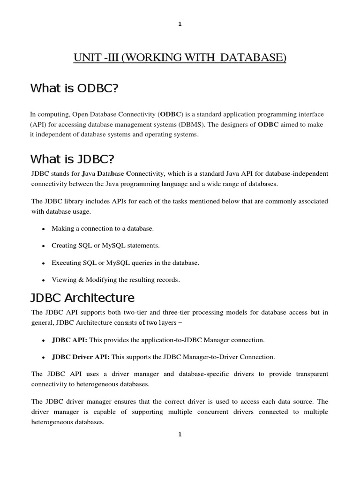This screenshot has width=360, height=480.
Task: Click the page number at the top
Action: pyautogui.click(x=180, y=25)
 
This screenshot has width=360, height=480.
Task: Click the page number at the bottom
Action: pyautogui.click(x=180, y=435)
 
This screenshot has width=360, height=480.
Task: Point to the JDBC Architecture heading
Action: pyautogui.click(x=82, y=298)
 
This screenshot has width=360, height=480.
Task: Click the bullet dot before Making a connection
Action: pyautogui.click(x=44, y=229)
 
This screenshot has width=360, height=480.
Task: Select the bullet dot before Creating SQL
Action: pyautogui.click(x=44, y=246)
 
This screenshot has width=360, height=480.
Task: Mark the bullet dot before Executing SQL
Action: pyautogui.click(x=44, y=263)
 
